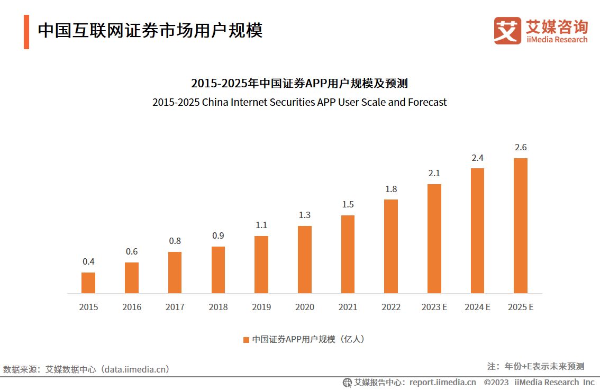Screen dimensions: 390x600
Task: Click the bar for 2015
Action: coord(88,283)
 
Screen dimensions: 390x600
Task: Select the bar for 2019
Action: coord(261,264)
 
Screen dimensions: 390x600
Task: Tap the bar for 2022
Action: coord(391,246)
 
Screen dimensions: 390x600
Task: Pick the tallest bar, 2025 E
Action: coord(521,225)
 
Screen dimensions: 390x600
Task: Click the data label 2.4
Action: coord(477,158)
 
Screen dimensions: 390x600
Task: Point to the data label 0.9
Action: coord(218,236)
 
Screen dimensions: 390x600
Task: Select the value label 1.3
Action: coord(305,215)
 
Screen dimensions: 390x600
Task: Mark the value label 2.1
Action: coord(434,173)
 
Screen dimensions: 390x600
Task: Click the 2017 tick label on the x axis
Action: coord(175,307)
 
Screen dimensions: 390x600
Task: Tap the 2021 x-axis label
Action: coord(348,307)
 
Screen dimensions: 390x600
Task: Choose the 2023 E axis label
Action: coord(434,307)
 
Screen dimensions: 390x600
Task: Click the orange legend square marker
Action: coord(246,340)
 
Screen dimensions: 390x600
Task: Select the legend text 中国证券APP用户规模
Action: coord(294,340)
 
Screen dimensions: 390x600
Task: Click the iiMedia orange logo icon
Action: coord(507,31)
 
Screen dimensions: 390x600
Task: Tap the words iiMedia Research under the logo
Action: coord(557,40)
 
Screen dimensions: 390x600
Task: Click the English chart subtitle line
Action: coord(299,102)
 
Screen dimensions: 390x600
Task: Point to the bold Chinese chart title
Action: coord(299,84)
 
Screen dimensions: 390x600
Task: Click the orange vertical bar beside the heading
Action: coord(26,32)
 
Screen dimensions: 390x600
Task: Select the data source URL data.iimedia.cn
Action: coord(136,369)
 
